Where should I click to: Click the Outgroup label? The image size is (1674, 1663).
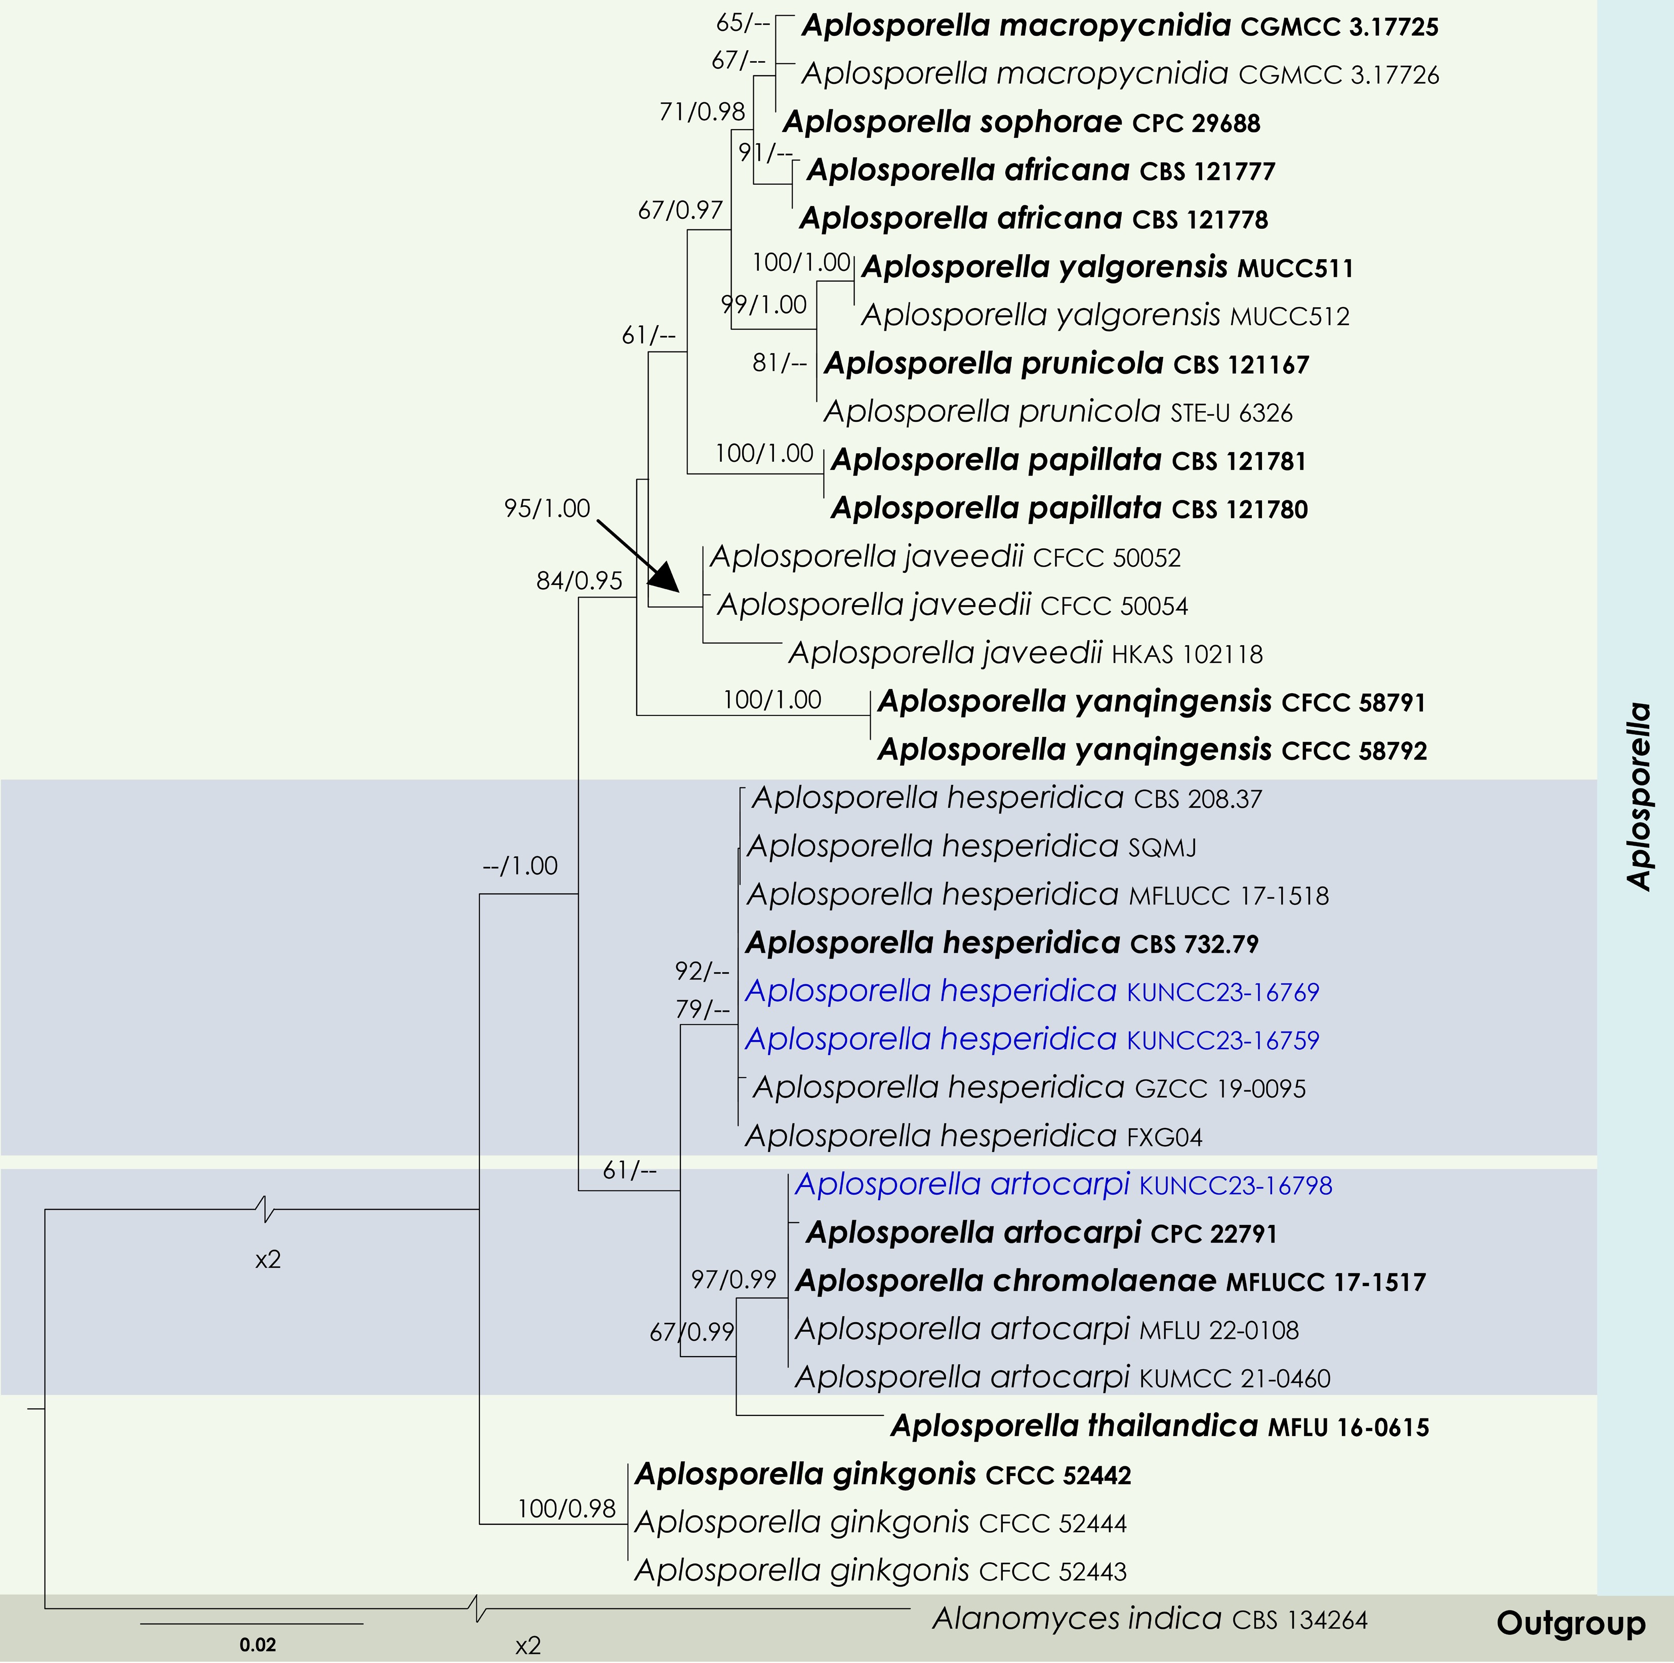pyautogui.click(x=1570, y=1623)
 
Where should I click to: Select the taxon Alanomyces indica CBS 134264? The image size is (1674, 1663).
pyautogui.click(x=1149, y=1619)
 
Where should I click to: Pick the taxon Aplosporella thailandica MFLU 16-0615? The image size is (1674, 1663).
pyautogui.click(x=1159, y=1426)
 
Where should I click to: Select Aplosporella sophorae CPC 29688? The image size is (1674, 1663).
pyautogui.click(x=1020, y=122)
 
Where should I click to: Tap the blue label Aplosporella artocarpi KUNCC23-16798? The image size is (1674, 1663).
pyautogui.click(x=1063, y=1184)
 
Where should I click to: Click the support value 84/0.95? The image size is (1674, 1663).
pyautogui.click(x=579, y=581)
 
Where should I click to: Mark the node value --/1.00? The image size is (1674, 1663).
pyautogui.click(x=520, y=866)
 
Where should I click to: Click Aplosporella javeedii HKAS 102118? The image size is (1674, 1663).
pyautogui.click(x=1025, y=653)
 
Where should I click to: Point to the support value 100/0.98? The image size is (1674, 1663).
pyautogui.click(x=566, y=1509)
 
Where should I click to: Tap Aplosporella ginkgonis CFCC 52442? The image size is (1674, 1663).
pyautogui.click(x=882, y=1474)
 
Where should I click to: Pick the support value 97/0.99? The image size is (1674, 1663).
pyautogui.click(x=733, y=1279)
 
